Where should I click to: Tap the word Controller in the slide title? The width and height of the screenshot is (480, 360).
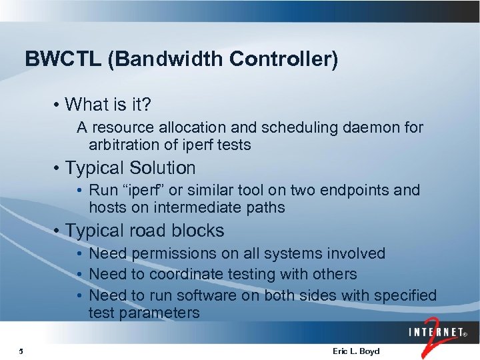coord(283,59)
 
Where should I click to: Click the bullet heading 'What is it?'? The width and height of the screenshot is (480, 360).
coord(109,105)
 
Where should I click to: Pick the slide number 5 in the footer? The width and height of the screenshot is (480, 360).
coord(21,351)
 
